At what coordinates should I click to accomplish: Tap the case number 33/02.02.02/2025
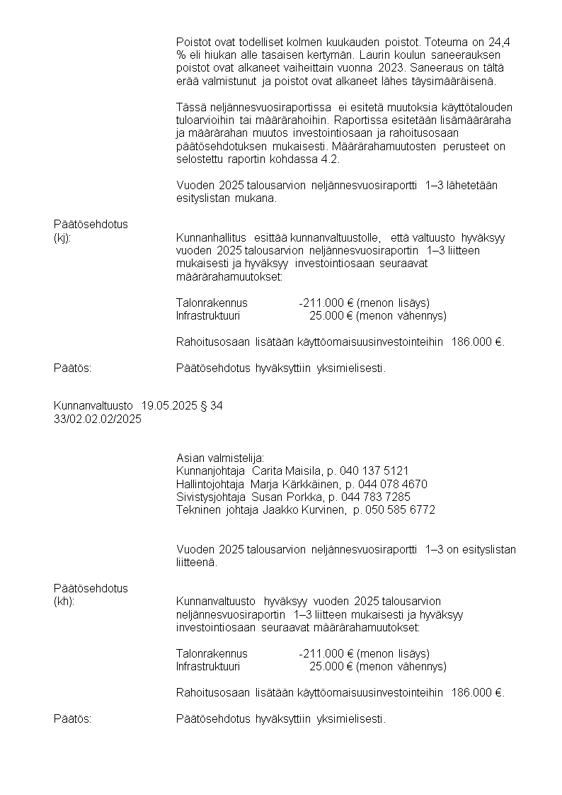coord(98,419)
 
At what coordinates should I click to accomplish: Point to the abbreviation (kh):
coord(64,602)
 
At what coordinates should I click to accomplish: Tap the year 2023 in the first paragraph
coord(394,67)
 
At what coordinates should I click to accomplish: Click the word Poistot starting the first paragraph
coord(193,42)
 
